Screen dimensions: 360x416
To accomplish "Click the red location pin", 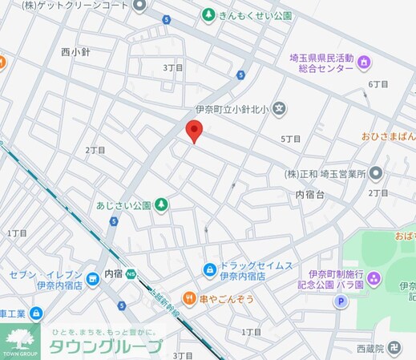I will click(193, 131).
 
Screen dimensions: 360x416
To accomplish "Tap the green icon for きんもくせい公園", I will click(208, 15).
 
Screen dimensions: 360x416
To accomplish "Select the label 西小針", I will click(76, 51).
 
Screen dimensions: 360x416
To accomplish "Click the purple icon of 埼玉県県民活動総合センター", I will click(364, 62).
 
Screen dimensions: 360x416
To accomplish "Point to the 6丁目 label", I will click(378, 83).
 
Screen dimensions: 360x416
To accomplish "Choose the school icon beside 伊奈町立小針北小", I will click(279, 108).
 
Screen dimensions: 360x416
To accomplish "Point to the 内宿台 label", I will click(310, 195).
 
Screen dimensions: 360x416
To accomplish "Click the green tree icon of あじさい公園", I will click(161, 205).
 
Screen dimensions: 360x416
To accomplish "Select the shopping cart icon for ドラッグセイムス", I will click(209, 269).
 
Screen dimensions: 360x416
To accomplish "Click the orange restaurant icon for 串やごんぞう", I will click(189, 299).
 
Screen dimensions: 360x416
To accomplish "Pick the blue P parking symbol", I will click(339, 302).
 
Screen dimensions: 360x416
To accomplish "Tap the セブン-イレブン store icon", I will click(93, 277).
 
